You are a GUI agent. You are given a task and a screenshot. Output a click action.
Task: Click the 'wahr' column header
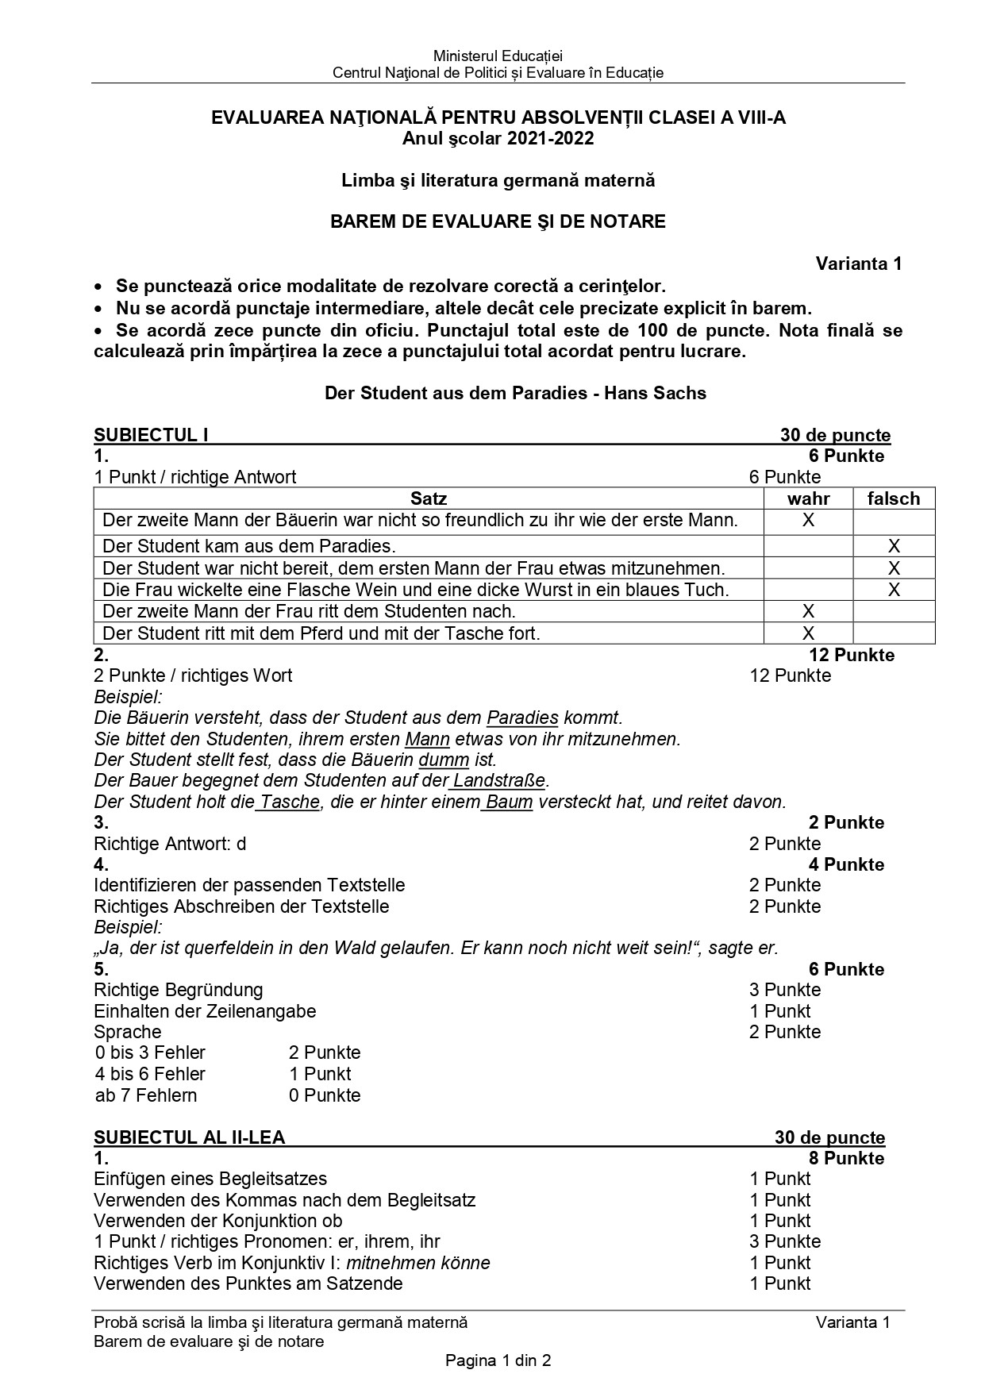[x=808, y=498]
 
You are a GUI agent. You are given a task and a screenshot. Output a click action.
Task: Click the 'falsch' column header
[x=894, y=498]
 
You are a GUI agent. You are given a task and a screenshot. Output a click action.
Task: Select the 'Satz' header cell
[x=429, y=498]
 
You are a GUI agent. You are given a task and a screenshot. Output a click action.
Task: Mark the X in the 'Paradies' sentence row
[x=894, y=546]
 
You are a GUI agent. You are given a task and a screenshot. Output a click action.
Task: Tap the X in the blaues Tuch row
[x=894, y=590]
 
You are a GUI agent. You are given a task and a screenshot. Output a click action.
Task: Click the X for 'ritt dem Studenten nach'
[x=808, y=611]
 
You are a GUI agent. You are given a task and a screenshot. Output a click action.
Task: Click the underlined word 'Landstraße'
[x=499, y=780]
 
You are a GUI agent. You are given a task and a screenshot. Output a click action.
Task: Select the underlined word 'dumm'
[x=444, y=760]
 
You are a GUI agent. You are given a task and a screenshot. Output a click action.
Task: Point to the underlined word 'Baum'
[x=509, y=802]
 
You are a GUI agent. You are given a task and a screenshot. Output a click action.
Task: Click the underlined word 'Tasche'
[x=290, y=802]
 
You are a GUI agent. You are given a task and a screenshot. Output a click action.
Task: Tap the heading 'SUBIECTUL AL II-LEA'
[x=189, y=1137]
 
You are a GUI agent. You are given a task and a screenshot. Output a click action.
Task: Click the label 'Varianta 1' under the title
[x=859, y=264]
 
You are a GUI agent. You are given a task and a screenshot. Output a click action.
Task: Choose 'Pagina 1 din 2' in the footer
[x=498, y=1361]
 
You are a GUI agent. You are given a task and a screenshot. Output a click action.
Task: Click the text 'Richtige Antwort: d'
[x=170, y=844]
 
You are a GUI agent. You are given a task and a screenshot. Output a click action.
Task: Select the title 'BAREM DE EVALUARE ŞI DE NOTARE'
[x=498, y=221]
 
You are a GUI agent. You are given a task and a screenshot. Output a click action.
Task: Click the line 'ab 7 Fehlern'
[x=146, y=1095]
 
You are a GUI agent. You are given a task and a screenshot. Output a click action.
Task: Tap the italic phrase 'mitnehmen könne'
[x=417, y=1263]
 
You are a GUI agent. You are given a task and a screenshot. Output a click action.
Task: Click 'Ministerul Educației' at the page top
[x=498, y=56]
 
